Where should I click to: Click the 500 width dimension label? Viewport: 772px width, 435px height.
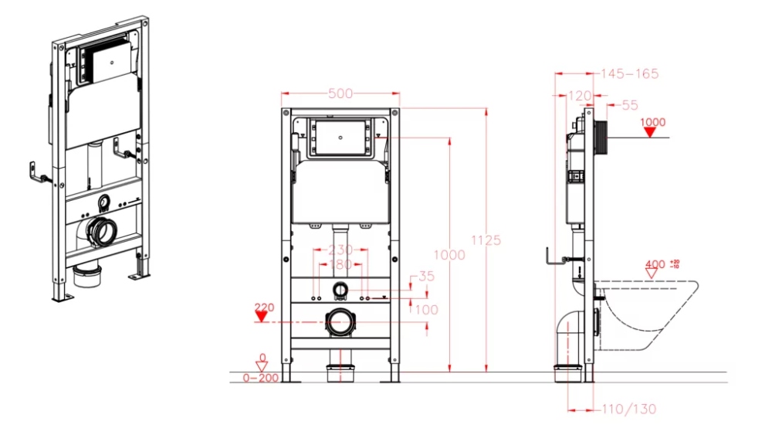pyautogui.click(x=340, y=93)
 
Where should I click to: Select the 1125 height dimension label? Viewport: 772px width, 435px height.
pyautogui.click(x=486, y=240)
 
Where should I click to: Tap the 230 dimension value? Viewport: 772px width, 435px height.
pyautogui.click(x=340, y=250)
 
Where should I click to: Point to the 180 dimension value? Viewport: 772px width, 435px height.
pyautogui.click(x=340, y=264)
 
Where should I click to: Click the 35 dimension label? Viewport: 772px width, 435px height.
pyautogui.click(x=426, y=277)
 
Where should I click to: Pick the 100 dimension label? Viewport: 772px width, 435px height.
pyautogui.click(x=426, y=310)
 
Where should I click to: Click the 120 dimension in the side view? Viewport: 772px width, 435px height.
pyautogui.click(x=580, y=96)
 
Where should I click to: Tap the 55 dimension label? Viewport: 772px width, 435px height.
pyautogui.click(x=630, y=105)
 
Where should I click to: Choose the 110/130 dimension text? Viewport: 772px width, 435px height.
pyautogui.click(x=629, y=409)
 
